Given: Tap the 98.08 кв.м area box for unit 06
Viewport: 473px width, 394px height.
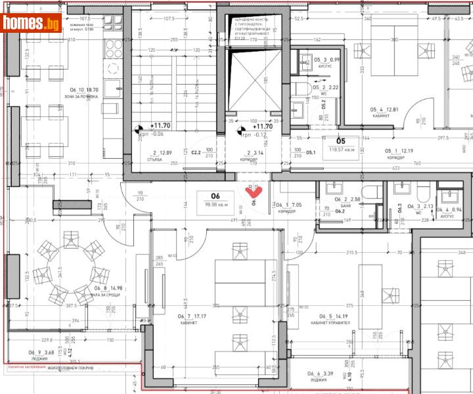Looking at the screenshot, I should pyautogui.click(x=215, y=200).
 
